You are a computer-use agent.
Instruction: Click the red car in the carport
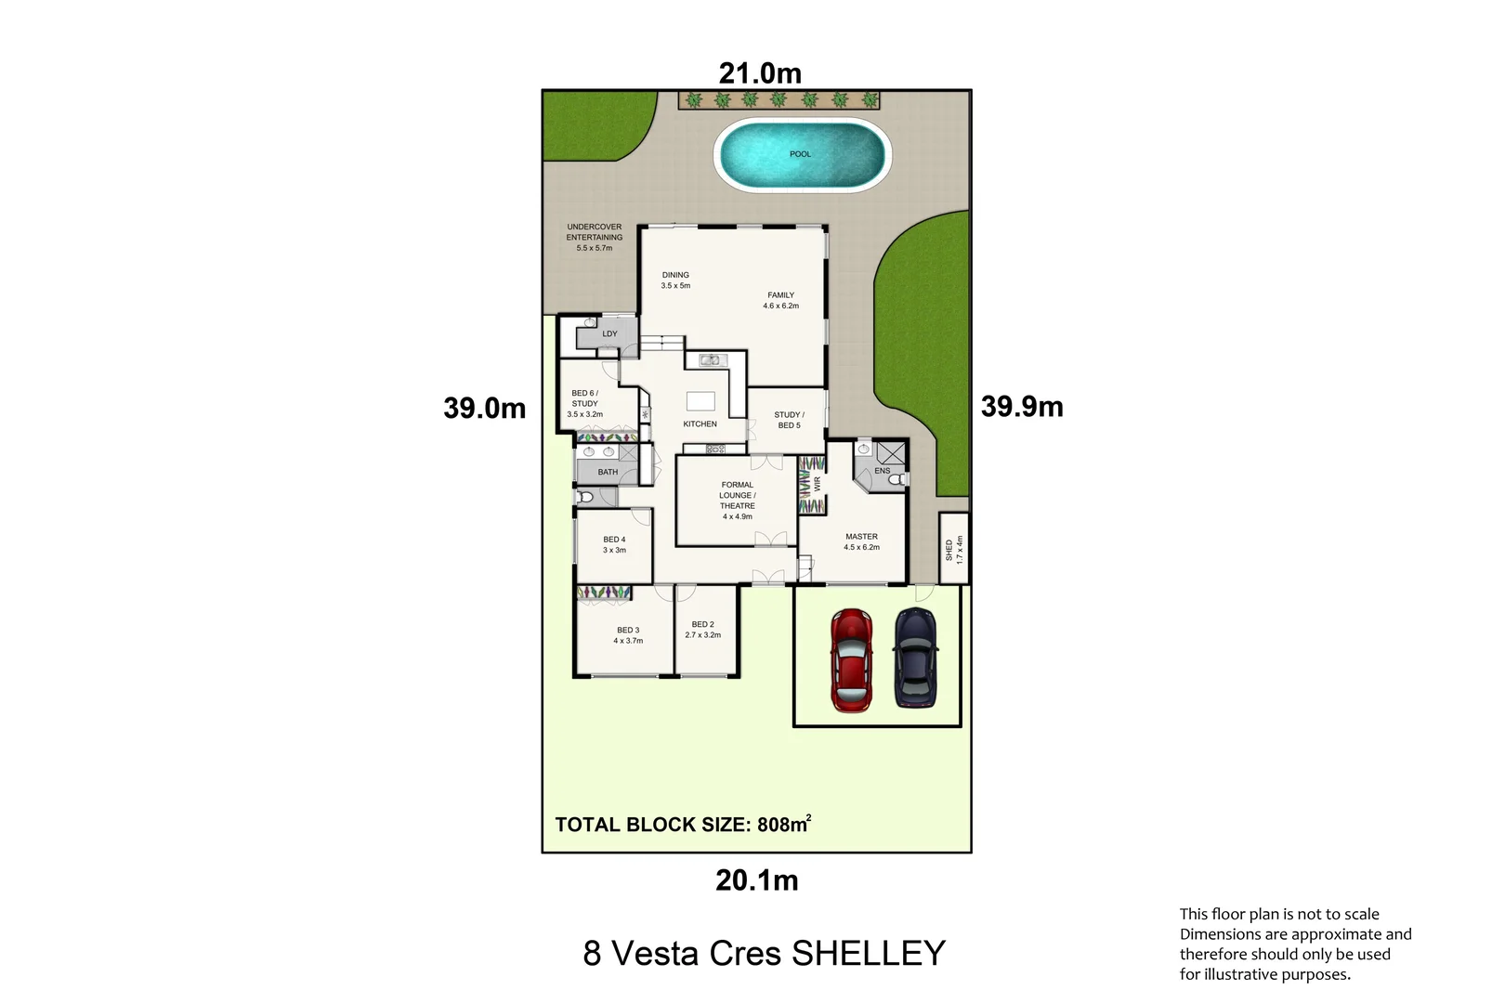tap(851, 660)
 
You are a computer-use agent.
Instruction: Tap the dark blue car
tap(915, 658)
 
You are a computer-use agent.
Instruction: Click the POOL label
tap(800, 154)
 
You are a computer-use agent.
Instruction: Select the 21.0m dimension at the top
tap(759, 73)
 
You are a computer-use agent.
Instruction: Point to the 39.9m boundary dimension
tap(1022, 407)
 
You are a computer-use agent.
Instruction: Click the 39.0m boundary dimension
tap(484, 408)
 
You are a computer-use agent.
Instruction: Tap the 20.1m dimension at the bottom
tap(756, 880)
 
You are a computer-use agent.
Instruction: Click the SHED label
tap(949, 550)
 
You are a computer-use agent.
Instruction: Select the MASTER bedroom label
tap(861, 537)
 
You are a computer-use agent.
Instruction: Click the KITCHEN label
tap(700, 424)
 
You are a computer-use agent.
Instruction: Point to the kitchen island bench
tap(700, 401)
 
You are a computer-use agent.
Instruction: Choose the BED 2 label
tap(702, 625)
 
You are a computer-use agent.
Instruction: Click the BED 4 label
tap(614, 540)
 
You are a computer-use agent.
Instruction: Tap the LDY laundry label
tap(609, 334)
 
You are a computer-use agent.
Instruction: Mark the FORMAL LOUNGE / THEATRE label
tap(737, 496)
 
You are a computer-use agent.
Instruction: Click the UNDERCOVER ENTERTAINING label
tap(595, 232)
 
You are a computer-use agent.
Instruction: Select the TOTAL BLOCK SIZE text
tap(683, 825)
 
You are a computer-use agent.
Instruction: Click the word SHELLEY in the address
tap(868, 954)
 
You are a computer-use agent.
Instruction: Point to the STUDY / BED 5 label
tap(789, 420)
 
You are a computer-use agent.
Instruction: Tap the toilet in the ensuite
tap(896, 479)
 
